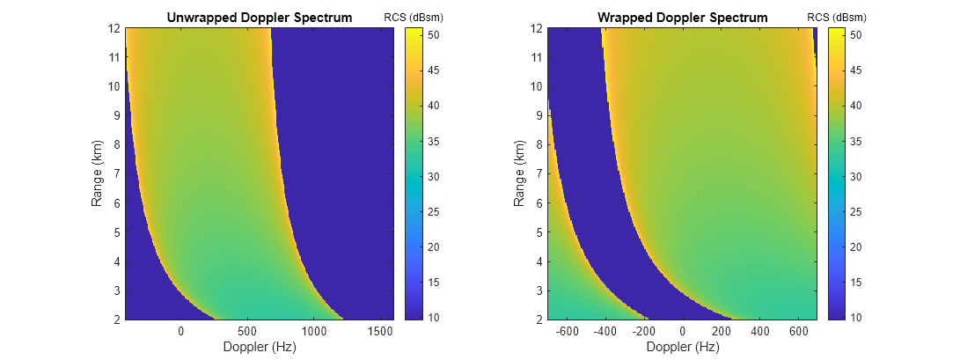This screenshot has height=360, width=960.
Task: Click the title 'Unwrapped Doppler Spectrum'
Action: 259,18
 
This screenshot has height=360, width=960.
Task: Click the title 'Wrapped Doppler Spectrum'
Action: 682,18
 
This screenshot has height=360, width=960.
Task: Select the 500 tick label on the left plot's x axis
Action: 248,332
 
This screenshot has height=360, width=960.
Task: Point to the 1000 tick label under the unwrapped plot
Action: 314,332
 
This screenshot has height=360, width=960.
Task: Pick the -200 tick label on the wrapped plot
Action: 644,332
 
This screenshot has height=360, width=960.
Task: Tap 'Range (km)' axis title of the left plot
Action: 98,173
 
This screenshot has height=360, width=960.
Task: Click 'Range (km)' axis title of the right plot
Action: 520,173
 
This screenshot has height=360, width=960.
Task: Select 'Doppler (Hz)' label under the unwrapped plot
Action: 259,347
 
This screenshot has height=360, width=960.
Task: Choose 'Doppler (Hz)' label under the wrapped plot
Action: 682,347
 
